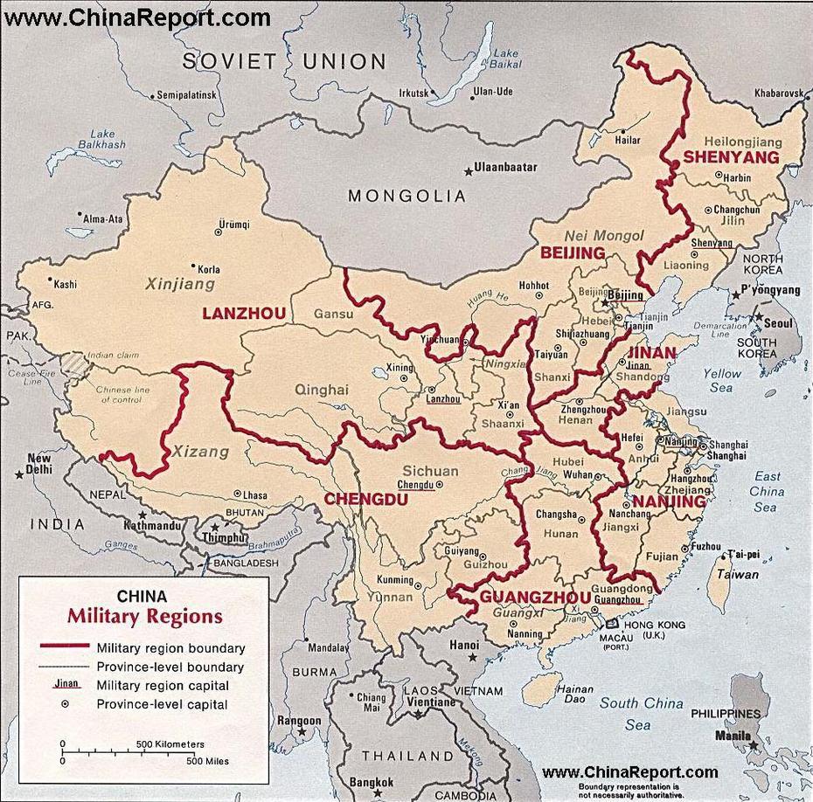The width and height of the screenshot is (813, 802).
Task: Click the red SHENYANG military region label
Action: click(x=731, y=157)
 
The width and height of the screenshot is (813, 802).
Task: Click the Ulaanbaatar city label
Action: click(x=504, y=167)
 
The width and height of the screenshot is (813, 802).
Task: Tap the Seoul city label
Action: click(x=782, y=322)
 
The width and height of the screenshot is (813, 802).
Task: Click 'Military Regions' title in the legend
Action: click(x=145, y=616)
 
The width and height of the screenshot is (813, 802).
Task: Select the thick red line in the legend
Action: click(x=66, y=648)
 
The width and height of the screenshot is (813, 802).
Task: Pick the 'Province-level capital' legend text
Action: click(x=163, y=703)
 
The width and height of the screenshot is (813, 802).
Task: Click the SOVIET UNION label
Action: click(x=284, y=61)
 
